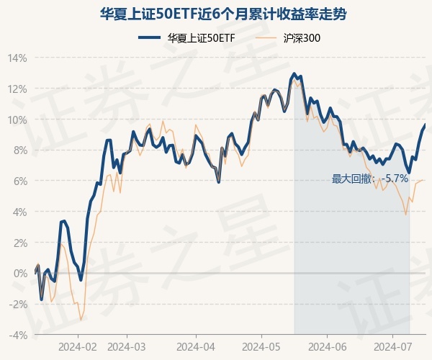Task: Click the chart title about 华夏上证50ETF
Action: click(x=216, y=14)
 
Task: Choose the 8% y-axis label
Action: click(x=19, y=150)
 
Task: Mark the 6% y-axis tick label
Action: click(x=19, y=181)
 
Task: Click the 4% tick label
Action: click(x=19, y=212)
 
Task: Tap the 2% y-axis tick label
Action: click(x=19, y=243)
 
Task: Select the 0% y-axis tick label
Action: click(x=19, y=274)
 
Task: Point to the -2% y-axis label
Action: click(x=18, y=305)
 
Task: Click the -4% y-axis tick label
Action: click(x=18, y=336)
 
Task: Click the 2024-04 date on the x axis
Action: click(x=196, y=347)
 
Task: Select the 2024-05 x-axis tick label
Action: click(x=261, y=347)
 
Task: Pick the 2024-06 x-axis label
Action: click(x=327, y=347)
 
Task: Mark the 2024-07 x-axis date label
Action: click(x=392, y=347)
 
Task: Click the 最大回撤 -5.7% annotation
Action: click(x=370, y=179)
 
